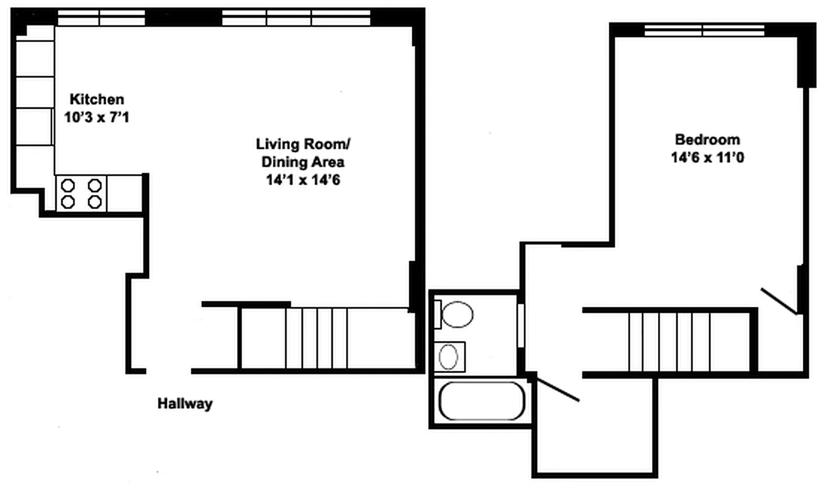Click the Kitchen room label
click(97, 99)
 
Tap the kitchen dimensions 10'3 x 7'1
click(97, 117)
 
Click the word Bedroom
click(707, 139)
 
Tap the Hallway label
click(185, 403)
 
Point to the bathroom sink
click(449, 357)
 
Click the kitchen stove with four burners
click(81, 193)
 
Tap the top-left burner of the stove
click(68, 185)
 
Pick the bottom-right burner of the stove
click(94, 202)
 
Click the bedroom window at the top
click(704, 30)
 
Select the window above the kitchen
click(101, 18)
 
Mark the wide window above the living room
click(296, 18)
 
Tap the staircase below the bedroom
click(669, 341)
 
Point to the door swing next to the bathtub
click(557, 390)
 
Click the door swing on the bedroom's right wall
click(780, 301)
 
